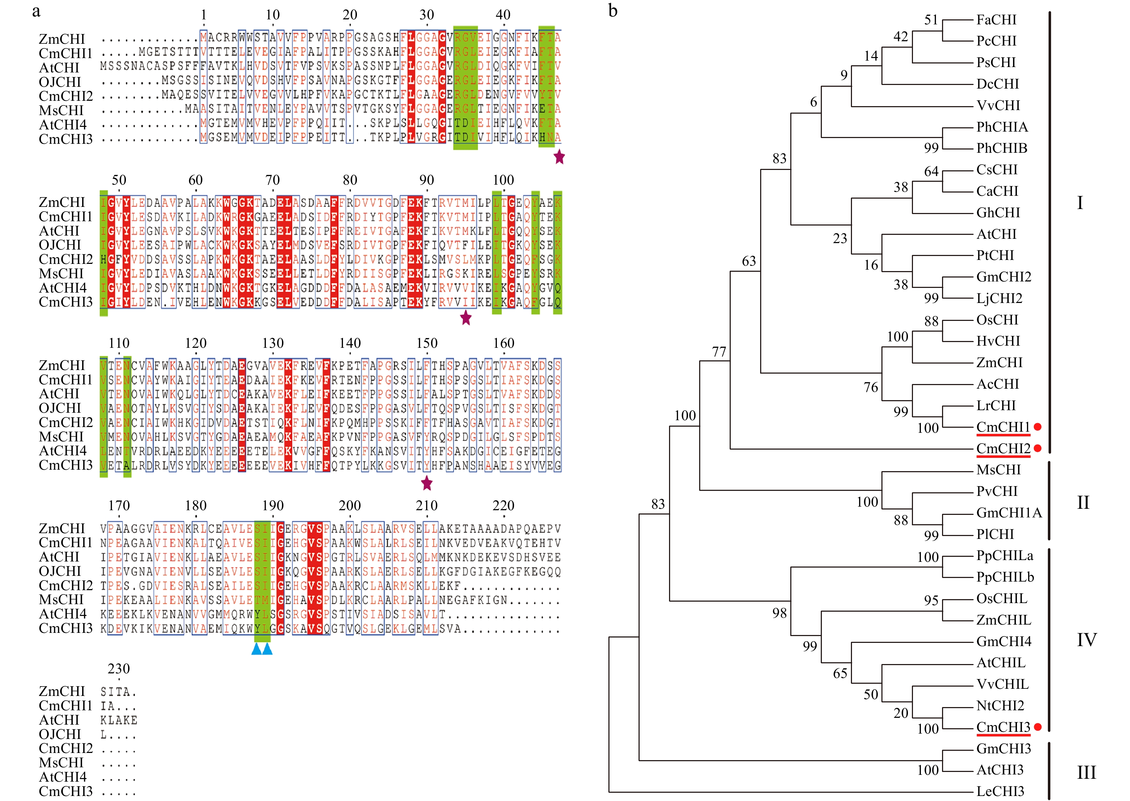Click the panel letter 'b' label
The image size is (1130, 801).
tap(613, 11)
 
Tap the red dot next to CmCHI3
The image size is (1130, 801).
tap(1038, 727)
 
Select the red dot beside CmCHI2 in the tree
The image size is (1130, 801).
tap(1038, 448)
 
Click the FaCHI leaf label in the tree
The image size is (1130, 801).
tap(996, 20)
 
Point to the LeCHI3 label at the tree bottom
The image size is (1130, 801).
tap(1000, 791)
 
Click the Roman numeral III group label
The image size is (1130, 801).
tap(1086, 772)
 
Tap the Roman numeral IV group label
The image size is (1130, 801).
tap(1086, 640)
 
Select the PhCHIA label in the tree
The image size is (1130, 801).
tap(1002, 127)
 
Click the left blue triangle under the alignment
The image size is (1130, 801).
tap(256, 649)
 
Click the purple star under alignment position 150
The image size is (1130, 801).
tap(427, 484)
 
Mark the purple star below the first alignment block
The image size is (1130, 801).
tap(559, 157)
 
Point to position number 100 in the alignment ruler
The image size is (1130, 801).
tap(503, 180)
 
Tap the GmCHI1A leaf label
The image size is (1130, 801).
tap(1009, 513)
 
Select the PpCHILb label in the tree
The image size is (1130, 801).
tap(1005, 577)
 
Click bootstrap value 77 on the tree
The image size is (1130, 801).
tap(719, 352)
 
